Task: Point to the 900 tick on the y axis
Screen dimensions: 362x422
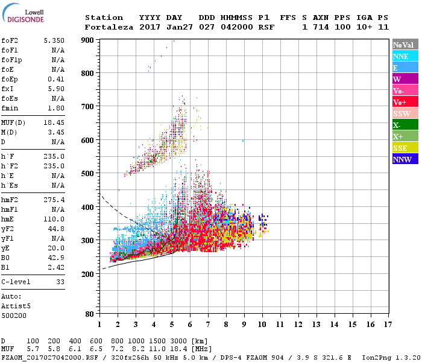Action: click(x=89, y=40)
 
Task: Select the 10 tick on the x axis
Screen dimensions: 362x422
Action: click(x=262, y=325)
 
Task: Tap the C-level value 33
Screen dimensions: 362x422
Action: click(x=60, y=281)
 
